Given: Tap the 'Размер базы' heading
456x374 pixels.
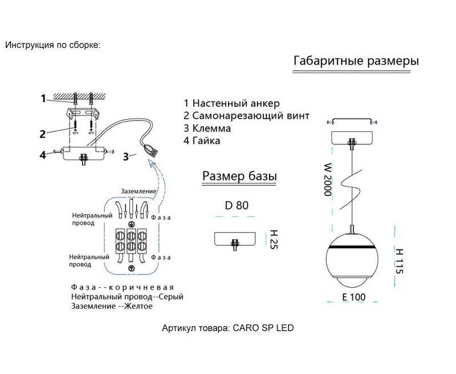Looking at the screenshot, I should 239,176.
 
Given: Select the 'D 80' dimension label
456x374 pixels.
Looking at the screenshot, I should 237,206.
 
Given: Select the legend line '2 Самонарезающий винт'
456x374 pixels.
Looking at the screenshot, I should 246,116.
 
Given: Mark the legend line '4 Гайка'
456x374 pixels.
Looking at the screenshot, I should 202,140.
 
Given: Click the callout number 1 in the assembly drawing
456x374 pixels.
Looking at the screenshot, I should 43,99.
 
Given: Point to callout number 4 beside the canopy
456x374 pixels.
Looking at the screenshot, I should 43,154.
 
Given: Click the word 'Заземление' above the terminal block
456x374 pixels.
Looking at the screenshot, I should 136,191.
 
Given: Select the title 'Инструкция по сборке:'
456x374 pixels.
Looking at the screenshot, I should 52,45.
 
